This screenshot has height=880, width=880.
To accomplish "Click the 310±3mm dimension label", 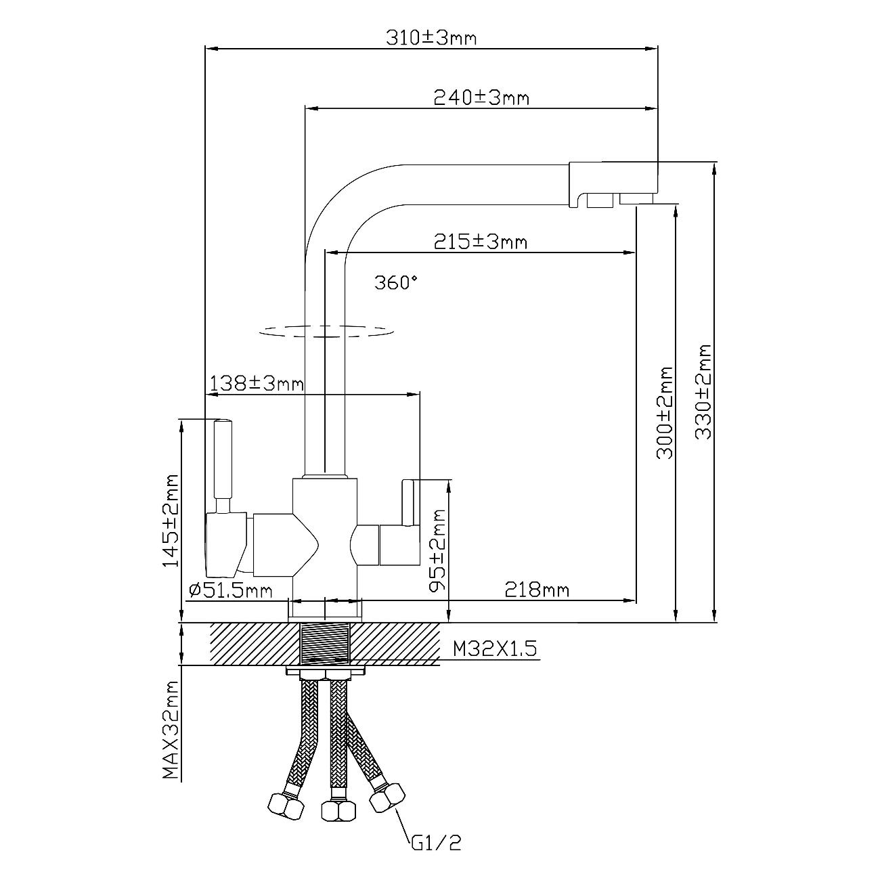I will tap(431, 37).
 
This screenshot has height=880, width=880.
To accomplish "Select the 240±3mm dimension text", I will tap(481, 97).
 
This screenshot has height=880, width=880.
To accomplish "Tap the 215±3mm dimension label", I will tap(480, 241).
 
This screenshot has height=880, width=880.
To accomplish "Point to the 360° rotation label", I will tap(397, 282).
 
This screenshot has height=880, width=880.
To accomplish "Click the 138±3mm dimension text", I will tap(257, 384).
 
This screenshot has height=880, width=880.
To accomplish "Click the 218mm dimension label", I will tap(537, 590).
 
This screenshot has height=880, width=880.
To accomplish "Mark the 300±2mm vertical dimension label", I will tap(665, 413).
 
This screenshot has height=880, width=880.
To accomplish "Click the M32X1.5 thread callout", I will tap(495, 649).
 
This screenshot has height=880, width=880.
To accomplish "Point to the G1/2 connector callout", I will tap(437, 843).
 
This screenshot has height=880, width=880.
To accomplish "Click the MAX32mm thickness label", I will tap(170, 731).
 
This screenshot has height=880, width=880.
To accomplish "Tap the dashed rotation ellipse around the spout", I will tap(326, 332).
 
